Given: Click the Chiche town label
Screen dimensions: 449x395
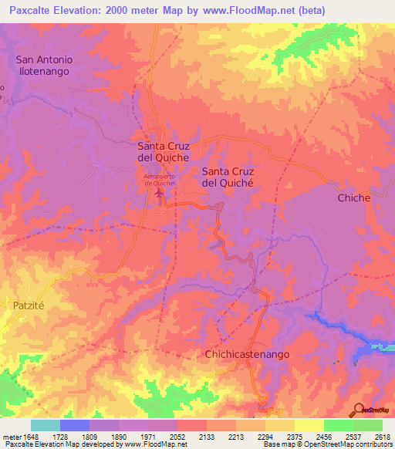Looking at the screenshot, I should click(354, 198).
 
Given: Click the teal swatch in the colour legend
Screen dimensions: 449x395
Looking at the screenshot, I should click(45, 425).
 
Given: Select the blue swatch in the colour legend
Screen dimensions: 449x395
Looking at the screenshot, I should click(74, 425).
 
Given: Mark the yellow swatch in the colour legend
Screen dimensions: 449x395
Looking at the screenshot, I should click(309, 425).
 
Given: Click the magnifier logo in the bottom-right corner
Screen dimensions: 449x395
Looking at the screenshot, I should click(359, 410).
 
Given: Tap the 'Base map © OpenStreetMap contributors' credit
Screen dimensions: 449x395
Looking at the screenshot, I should click(326, 444).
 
